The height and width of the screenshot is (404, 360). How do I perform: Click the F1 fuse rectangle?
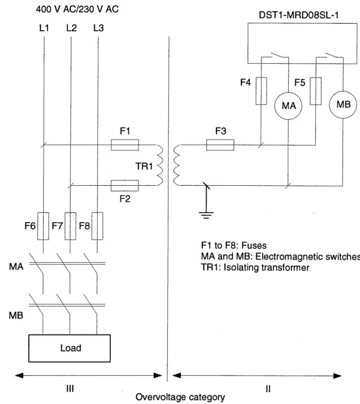pyautogui.click(x=125, y=145)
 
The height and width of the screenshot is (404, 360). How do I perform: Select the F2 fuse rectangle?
pyautogui.click(x=125, y=185)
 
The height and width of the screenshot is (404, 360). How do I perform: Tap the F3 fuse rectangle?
pyautogui.click(x=220, y=145)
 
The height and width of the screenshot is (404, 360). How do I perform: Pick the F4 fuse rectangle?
pyautogui.click(x=261, y=91)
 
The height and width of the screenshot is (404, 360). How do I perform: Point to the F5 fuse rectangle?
pyautogui.click(x=316, y=91)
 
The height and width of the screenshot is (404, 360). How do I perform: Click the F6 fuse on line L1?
pyautogui.click(x=43, y=226)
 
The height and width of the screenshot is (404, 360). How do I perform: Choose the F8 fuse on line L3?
pyautogui.click(x=97, y=226)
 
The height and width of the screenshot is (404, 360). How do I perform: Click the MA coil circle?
pyautogui.click(x=288, y=106)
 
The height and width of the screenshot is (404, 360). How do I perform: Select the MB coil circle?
pyautogui.click(x=343, y=105)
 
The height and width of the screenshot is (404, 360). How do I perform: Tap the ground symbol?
pyautogui.click(x=206, y=215)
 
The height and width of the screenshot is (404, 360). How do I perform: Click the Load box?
pyautogui.click(x=70, y=349)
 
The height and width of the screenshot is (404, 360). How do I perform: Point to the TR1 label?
pyautogui.click(x=144, y=166)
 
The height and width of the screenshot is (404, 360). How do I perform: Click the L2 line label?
pyautogui.click(x=71, y=28)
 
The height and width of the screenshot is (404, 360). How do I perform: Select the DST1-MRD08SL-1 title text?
pyautogui.click(x=298, y=15)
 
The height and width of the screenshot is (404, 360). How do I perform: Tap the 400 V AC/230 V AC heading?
pyautogui.click(x=77, y=9)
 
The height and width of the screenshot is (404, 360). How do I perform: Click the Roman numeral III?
pyautogui.click(x=70, y=389)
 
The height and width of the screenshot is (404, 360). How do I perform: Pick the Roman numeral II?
pyautogui.click(x=268, y=389)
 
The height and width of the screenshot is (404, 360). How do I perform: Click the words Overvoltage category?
pyautogui.click(x=180, y=397)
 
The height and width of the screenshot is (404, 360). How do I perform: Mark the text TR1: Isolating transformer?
pyautogui.click(x=255, y=267)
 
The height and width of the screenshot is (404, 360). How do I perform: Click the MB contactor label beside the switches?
pyautogui.click(x=16, y=315)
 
